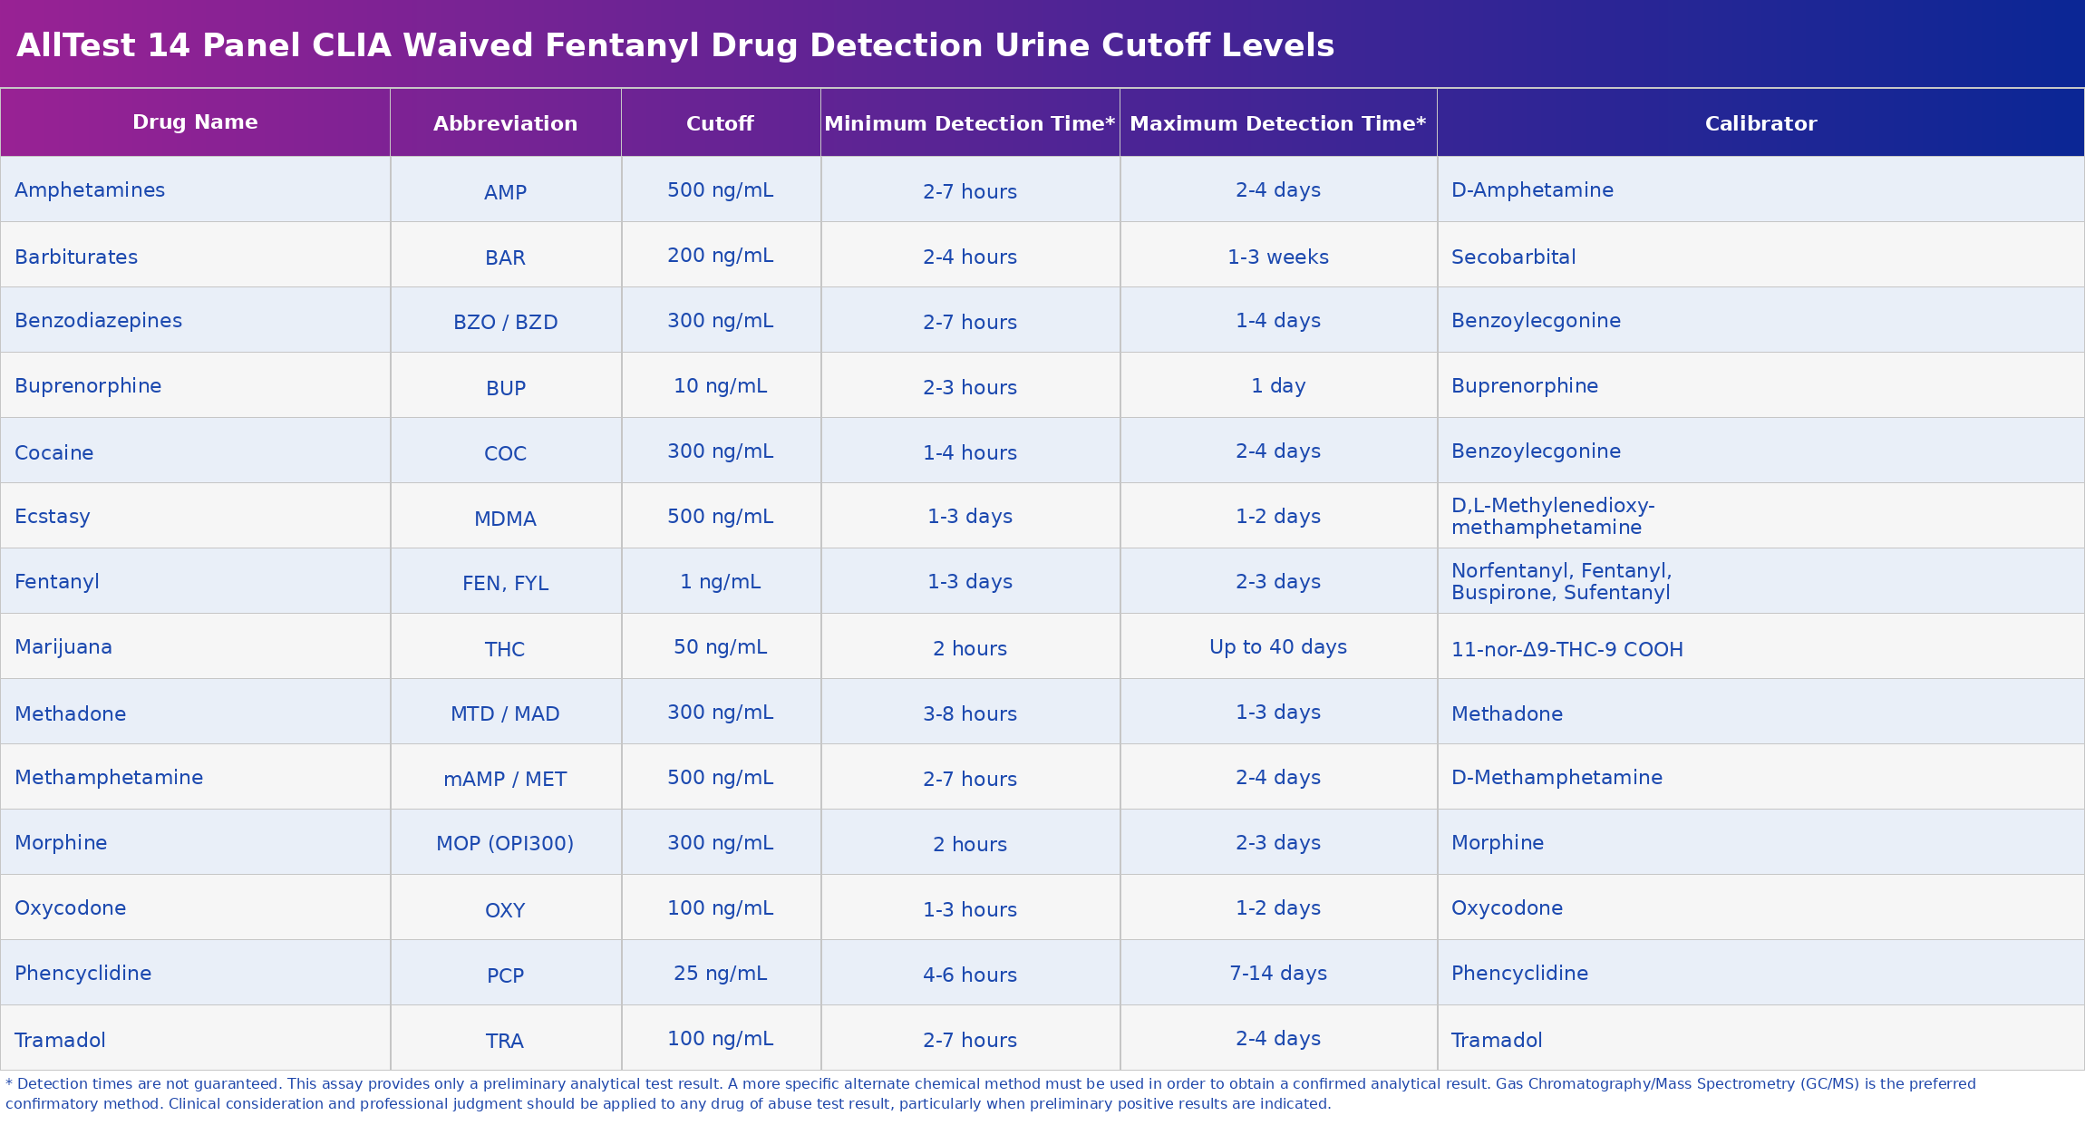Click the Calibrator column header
pyautogui.click(x=1760, y=124)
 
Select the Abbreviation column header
pyautogui.click(x=505, y=124)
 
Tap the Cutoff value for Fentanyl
pyautogui.click(x=720, y=582)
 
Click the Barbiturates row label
pyautogui.click(x=76, y=257)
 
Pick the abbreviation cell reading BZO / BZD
pyautogui.click(x=505, y=323)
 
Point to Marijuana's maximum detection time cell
pyautogui.click(x=1277, y=647)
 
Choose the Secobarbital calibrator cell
pyautogui.click(x=1513, y=257)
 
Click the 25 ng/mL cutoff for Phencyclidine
pyautogui.click(x=720, y=974)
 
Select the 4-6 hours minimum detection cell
pyautogui.click(x=969, y=975)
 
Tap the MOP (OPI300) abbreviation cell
pyautogui.click(x=505, y=844)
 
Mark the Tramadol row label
pyautogui.click(x=60, y=1041)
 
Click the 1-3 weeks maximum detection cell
pyautogui.click(x=1277, y=257)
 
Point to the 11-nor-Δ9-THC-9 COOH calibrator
pyautogui.click(x=1566, y=650)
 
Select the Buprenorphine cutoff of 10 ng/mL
pyautogui.click(x=720, y=386)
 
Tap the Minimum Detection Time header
pyautogui.click(x=969, y=124)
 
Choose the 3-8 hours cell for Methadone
pyautogui.click(x=969, y=714)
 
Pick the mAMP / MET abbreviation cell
pyautogui.click(x=505, y=780)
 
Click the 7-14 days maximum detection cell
pyautogui.click(x=1277, y=974)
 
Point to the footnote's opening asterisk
pyautogui.click(x=9, y=1083)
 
